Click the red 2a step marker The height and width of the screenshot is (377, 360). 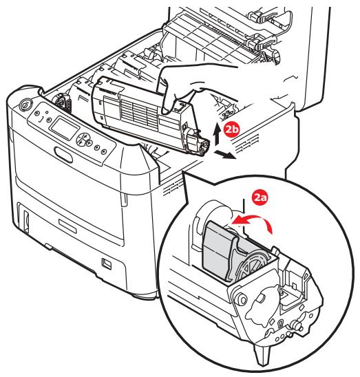point(261,198)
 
